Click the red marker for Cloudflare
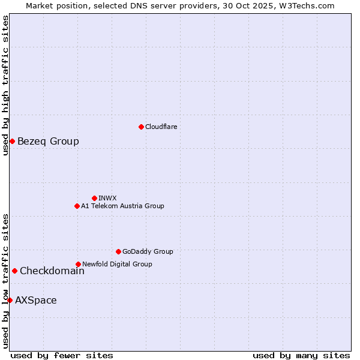pyautogui.click(x=141, y=127)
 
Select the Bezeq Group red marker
pyautogui.click(x=12, y=141)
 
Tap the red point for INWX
pyautogui.click(x=94, y=198)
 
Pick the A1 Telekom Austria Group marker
pyautogui.click(x=77, y=206)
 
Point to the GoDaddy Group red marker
pyautogui.click(x=118, y=251)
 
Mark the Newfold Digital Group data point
pyautogui.click(x=78, y=264)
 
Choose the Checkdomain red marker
pyautogui.click(x=14, y=271)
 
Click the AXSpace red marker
pyautogui.click(x=10, y=300)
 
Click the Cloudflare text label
pyautogui.click(x=161, y=127)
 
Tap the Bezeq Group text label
pyautogui.click(x=48, y=141)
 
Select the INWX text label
pyautogui.click(x=107, y=198)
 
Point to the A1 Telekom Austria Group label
pyautogui.click(x=122, y=206)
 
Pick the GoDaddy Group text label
pyautogui.click(x=148, y=251)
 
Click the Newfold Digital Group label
pyautogui.click(x=117, y=264)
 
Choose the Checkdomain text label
pyautogui.click(x=52, y=271)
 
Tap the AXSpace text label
pyautogui.click(x=36, y=300)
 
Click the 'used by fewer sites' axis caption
pyautogui.click(x=62, y=355)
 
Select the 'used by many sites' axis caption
pyautogui.click(x=301, y=355)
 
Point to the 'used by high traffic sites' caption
pyautogui.click(x=5, y=85)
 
